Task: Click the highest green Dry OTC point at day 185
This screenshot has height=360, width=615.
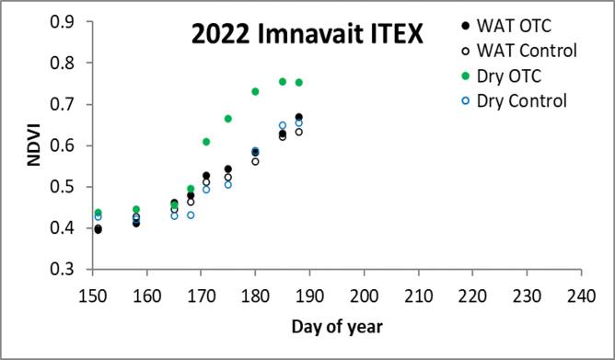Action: click(283, 82)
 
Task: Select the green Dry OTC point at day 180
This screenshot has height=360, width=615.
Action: click(256, 91)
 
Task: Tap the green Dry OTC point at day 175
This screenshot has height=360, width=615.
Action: click(228, 119)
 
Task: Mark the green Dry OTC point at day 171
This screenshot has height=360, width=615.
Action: click(206, 142)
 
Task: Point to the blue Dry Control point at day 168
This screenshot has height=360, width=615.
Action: click(191, 215)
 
